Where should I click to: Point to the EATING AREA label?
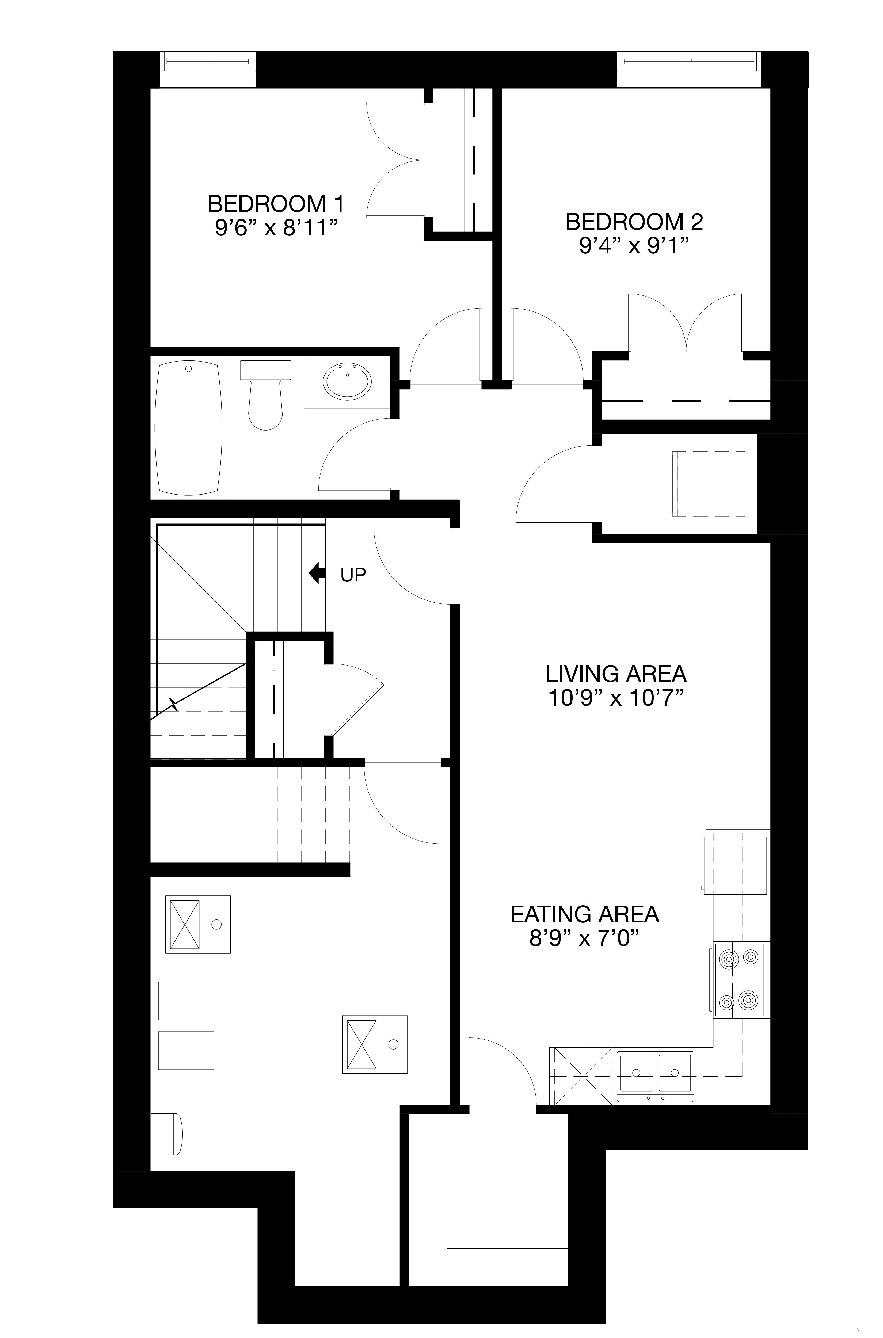[x=585, y=914]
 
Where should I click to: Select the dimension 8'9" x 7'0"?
[x=585, y=939]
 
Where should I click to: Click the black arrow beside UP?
[x=317, y=573]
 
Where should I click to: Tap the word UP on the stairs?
[x=353, y=575]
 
